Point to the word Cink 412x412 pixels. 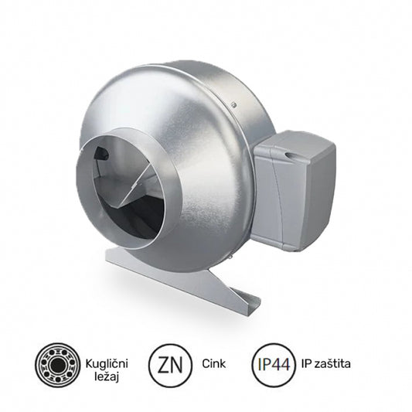214,363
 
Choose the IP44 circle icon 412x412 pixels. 273,363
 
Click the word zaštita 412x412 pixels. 342,363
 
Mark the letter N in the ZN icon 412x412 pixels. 179,363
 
